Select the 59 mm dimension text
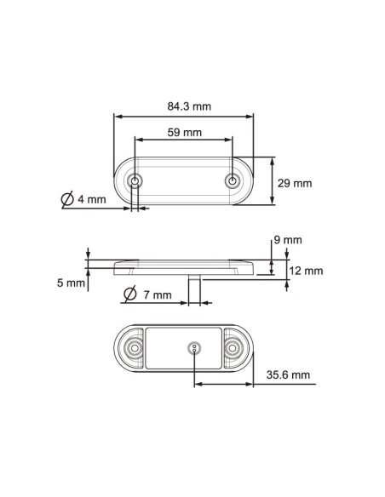(x=185, y=132)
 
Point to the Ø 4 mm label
(x=83, y=200)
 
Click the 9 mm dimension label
(x=290, y=241)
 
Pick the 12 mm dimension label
(x=305, y=271)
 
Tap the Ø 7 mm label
(x=147, y=294)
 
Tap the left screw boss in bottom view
(x=134, y=349)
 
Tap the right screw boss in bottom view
(x=233, y=349)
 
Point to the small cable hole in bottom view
(x=194, y=347)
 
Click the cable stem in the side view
(x=197, y=288)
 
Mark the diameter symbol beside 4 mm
(x=68, y=200)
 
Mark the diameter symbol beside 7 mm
(x=130, y=294)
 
